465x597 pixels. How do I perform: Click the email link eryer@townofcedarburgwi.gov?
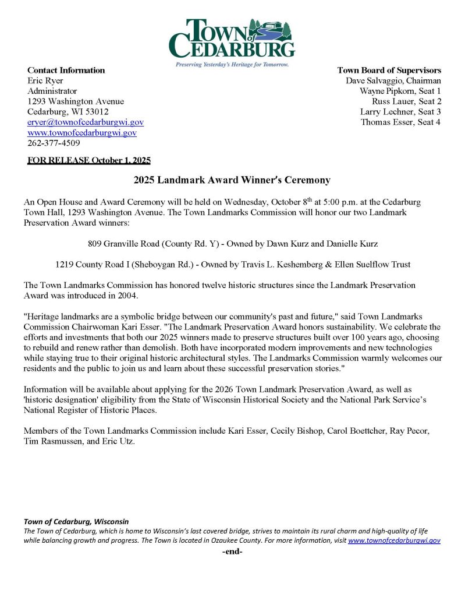coord(86,122)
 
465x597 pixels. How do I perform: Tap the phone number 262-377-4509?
coord(54,143)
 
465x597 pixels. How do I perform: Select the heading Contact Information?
coord(66,71)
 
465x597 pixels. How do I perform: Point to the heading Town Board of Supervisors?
coord(389,71)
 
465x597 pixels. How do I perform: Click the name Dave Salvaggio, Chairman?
coord(393,81)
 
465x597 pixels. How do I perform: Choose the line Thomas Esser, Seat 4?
coord(400,122)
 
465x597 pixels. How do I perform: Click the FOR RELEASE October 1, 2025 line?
coord(89,160)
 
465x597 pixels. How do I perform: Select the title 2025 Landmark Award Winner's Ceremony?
coord(232,180)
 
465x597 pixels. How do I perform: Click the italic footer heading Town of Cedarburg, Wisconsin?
coord(76,521)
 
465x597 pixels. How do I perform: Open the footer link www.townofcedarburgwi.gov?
coord(394,540)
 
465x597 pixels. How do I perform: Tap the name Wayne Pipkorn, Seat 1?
coord(400,92)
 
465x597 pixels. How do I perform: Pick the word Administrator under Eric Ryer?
coord(52,92)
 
